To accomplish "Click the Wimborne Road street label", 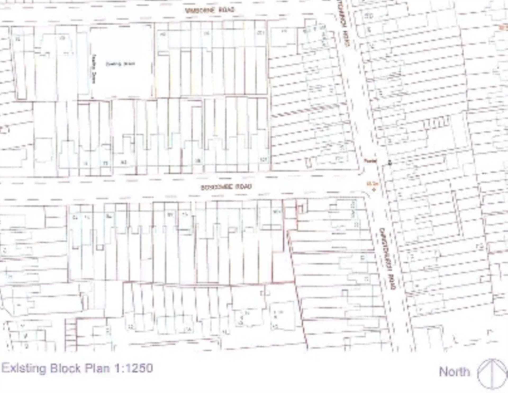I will (x=210, y=10).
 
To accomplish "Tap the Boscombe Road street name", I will (x=226, y=187).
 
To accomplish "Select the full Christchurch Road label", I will (x=388, y=259).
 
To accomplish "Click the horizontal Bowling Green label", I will (x=120, y=64).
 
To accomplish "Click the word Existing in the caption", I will (x=24, y=368).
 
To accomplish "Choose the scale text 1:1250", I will (x=134, y=368).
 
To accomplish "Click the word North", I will (x=454, y=372).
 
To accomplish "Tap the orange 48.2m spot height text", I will (x=372, y=184).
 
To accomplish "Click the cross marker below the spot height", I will (x=374, y=190).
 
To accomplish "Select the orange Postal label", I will (x=370, y=161).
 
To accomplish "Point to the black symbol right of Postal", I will (x=389, y=163).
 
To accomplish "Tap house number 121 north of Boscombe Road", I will (x=264, y=159).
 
